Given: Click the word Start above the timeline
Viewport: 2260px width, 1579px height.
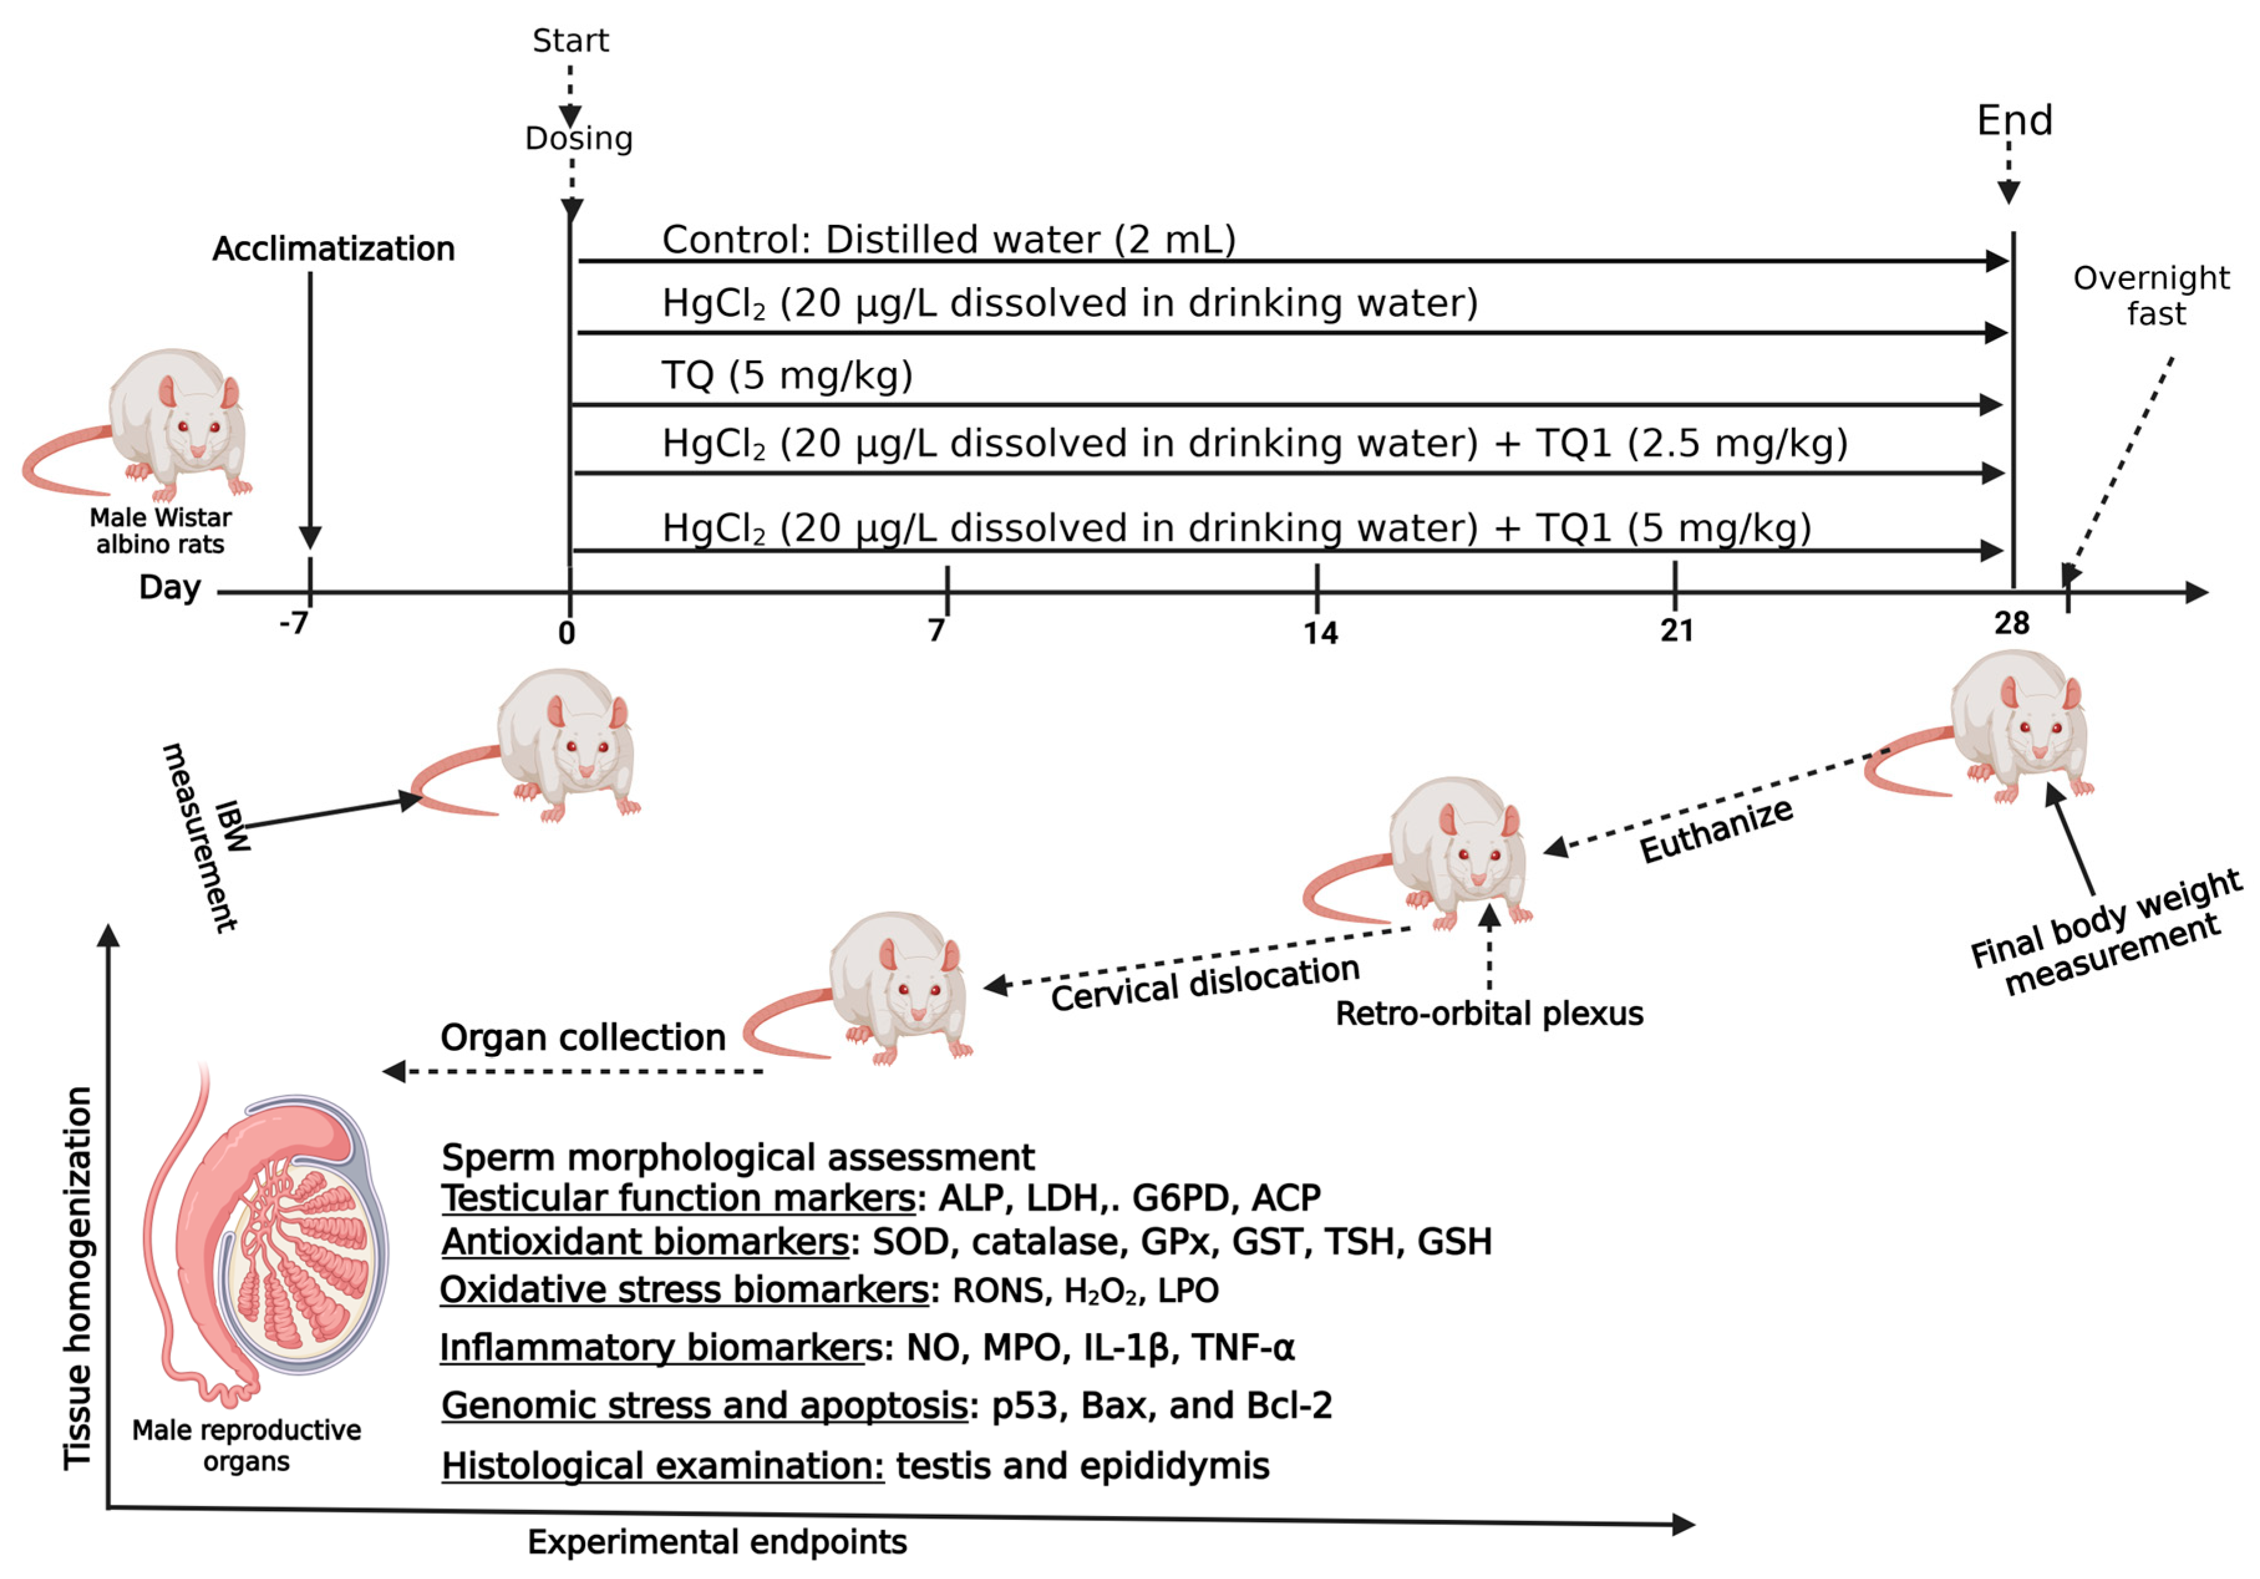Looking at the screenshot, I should pos(570,40).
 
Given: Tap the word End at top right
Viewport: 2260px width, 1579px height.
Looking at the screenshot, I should pos(2014,120).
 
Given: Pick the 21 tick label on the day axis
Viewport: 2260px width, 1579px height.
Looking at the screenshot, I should pos(1676,630).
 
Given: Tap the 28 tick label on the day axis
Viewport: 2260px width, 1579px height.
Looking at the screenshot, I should pos(2011,622).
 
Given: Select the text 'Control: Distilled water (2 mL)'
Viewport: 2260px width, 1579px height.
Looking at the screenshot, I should pos(948,239).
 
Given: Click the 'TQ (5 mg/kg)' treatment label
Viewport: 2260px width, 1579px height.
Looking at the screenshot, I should pos(787,375).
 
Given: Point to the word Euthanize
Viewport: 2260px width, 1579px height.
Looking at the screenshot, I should pos(1715,830).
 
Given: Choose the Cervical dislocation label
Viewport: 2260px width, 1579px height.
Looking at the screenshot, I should pos(1205,983).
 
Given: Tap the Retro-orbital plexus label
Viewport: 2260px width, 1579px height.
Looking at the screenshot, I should pos(1488,1013).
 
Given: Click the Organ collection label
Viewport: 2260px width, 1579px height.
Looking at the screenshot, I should pos(583,1037).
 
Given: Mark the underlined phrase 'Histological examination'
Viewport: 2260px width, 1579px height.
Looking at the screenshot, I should pos(662,1465).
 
